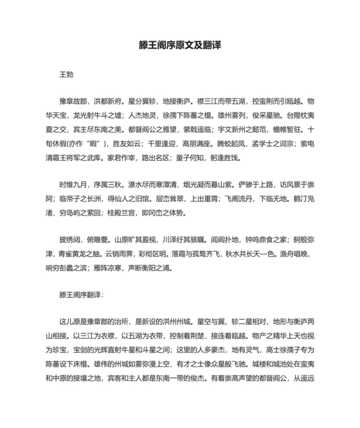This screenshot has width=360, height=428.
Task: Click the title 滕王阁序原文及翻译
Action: pyautogui.click(x=179, y=47)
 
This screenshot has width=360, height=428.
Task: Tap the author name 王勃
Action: pyautogui.click(x=66, y=75)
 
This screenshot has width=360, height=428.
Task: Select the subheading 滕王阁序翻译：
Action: pyautogui.click(x=80, y=295)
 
